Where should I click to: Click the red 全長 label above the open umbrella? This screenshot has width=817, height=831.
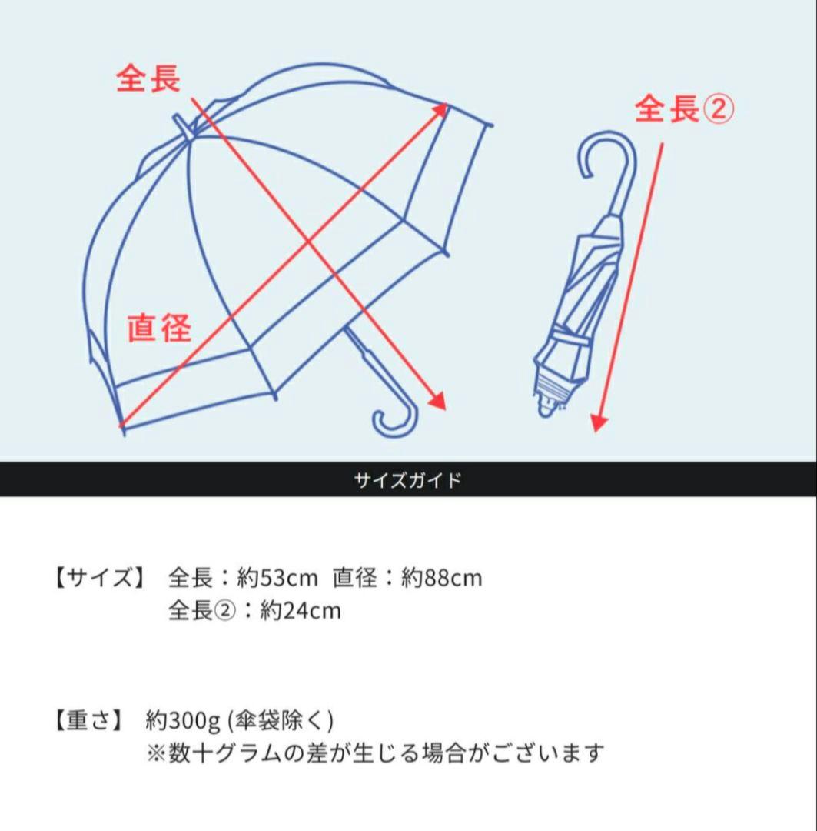pos(148,78)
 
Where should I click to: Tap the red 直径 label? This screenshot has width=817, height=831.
pos(159,328)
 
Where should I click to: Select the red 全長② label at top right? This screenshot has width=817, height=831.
pos(684,109)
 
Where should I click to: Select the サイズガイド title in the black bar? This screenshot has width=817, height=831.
pos(408,480)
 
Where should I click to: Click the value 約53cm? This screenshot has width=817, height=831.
pos(278,577)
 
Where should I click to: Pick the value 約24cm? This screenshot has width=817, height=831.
pos(301,611)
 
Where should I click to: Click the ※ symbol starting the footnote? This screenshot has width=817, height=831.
pos(155,753)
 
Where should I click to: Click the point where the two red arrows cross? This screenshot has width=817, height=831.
pos(310,242)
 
